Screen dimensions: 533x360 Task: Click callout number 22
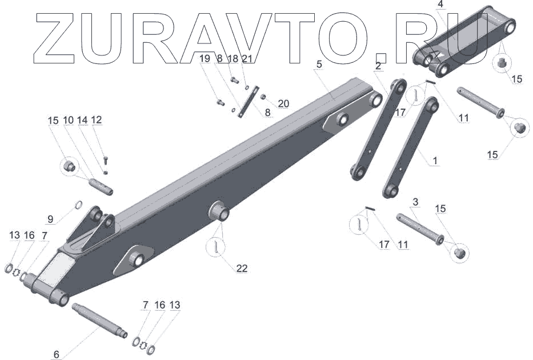(242, 269)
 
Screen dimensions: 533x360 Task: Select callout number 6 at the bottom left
(57, 354)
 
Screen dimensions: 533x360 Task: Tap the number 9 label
(50, 219)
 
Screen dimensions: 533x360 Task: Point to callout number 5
(319, 64)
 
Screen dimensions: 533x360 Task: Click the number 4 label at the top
(440, 5)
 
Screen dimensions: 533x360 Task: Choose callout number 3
(415, 202)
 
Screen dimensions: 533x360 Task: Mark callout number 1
(435, 160)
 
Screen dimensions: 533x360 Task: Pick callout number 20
(283, 103)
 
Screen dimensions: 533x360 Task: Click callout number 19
(205, 58)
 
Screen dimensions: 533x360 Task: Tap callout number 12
(97, 119)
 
